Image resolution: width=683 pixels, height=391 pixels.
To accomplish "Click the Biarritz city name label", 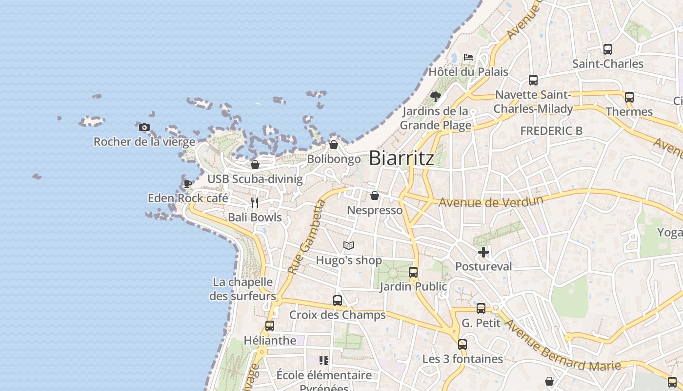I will pyautogui.click(x=401, y=158).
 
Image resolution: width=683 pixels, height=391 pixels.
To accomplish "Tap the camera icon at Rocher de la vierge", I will pyautogui.click(x=144, y=128).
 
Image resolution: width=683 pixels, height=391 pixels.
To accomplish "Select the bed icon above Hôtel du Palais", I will pyautogui.click(x=468, y=57).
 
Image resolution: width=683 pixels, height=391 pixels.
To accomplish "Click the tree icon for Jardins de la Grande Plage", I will pyautogui.click(x=436, y=96).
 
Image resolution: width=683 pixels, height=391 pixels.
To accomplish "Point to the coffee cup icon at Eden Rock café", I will pyautogui.click(x=188, y=184).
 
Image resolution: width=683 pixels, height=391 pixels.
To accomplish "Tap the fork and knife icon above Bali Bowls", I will pyautogui.click(x=255, y=202).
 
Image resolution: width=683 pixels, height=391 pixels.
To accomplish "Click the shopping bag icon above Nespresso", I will pyautogui.click(x=375, y=195).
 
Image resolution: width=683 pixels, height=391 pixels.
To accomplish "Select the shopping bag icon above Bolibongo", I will pyautogui.click(x=334, y=145).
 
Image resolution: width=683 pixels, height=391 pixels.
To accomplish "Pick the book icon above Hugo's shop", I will pyautogui.click(x=348, y=245).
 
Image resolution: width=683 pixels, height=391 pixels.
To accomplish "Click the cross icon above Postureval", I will pyautogui.click(x=483, y=252).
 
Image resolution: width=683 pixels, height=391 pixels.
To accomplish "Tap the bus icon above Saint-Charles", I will pyautogui.click(x=607, y=49).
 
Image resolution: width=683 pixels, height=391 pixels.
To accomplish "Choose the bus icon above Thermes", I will pyautogui.click(x=629, y=97).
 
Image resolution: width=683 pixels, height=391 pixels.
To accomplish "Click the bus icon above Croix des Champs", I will pyautogui.click(x=338, y=301).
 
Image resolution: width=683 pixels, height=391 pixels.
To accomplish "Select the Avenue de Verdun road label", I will pyautogui.click(x=491, y=201).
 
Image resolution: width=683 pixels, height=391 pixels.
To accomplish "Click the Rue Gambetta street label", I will pyautogui.click(x=306, y=237).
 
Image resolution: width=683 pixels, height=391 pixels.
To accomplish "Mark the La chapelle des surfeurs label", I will pyautogui.click(x=242, y=289).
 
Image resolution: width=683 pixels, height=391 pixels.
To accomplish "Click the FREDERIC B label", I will pyautogui.click(x=551, y=130).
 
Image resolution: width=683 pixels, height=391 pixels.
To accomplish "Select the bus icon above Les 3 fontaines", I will pyautogui.click(x=462, y=345).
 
